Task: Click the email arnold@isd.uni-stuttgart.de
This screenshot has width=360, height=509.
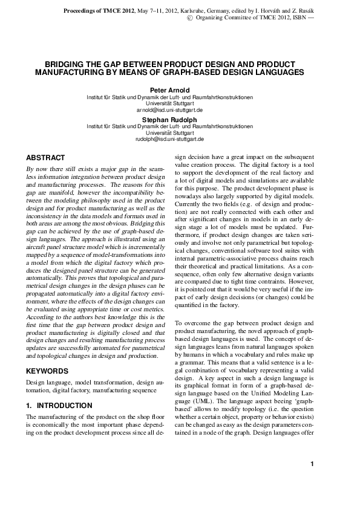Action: click(169, 111)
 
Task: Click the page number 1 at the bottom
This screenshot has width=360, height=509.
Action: click(311, 481)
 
